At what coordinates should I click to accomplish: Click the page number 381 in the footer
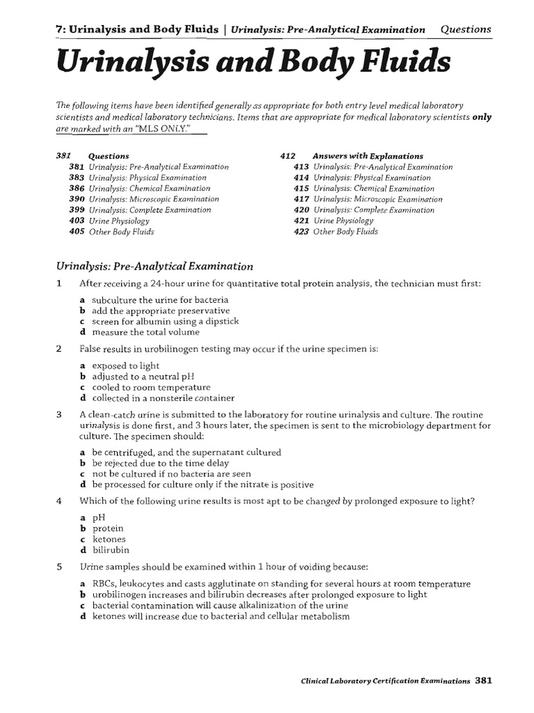tap(484, 681)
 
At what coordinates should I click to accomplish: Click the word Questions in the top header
tap(466, 29)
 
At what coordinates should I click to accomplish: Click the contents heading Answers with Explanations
tap(368, 156)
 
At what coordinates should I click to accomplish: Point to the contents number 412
tap(288, 156)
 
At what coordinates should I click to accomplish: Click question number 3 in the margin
tap(59, 414)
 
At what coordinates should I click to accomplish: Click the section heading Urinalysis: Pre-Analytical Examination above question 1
tap(154, 266)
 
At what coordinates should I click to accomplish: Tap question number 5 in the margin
tap(59, 567)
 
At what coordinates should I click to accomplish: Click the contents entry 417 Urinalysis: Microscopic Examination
tap(378, 199)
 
